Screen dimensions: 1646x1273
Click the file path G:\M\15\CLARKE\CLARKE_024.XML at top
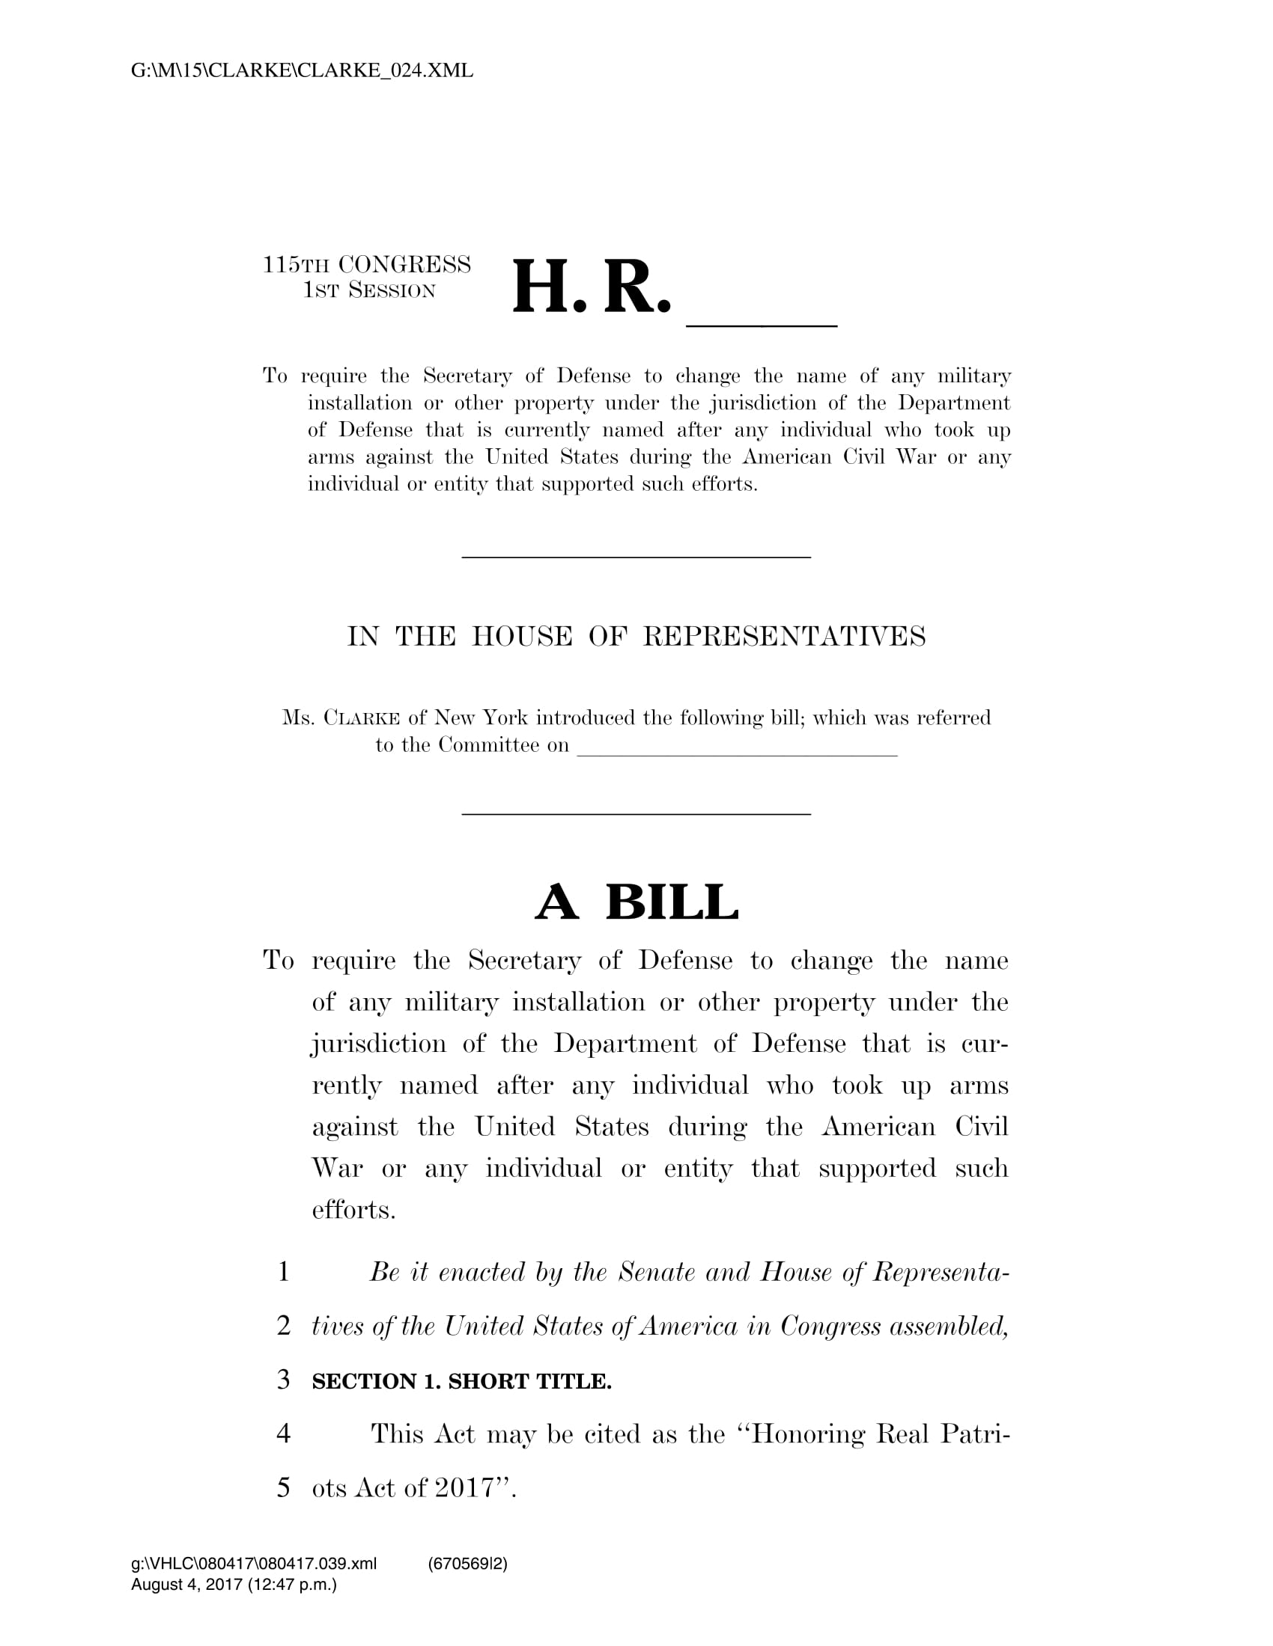(x=302, y=71)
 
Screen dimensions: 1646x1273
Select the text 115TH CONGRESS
(x=366, y=265)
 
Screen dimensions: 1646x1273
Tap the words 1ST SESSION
(x=368, y=290)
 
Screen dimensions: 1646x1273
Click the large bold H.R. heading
(x=592, y=288)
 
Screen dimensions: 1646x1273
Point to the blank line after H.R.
(x=762, y=322)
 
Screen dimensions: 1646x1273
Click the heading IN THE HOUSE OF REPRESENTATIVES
(x=636, y=636)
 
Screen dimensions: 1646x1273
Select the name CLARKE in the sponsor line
(x=362, y=718)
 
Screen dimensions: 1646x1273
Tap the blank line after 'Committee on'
(x=737, y=750)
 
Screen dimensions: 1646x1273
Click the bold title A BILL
(x=636, y=902)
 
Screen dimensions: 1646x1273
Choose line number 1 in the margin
(x=284, y=1272)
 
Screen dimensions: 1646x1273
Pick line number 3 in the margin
(x=284, y=1379)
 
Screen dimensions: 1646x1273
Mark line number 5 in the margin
(x=284, y=1487)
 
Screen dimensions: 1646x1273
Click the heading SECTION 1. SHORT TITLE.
(x=461, y=1380)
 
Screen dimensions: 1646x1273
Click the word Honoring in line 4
(x=809, y=1434)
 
